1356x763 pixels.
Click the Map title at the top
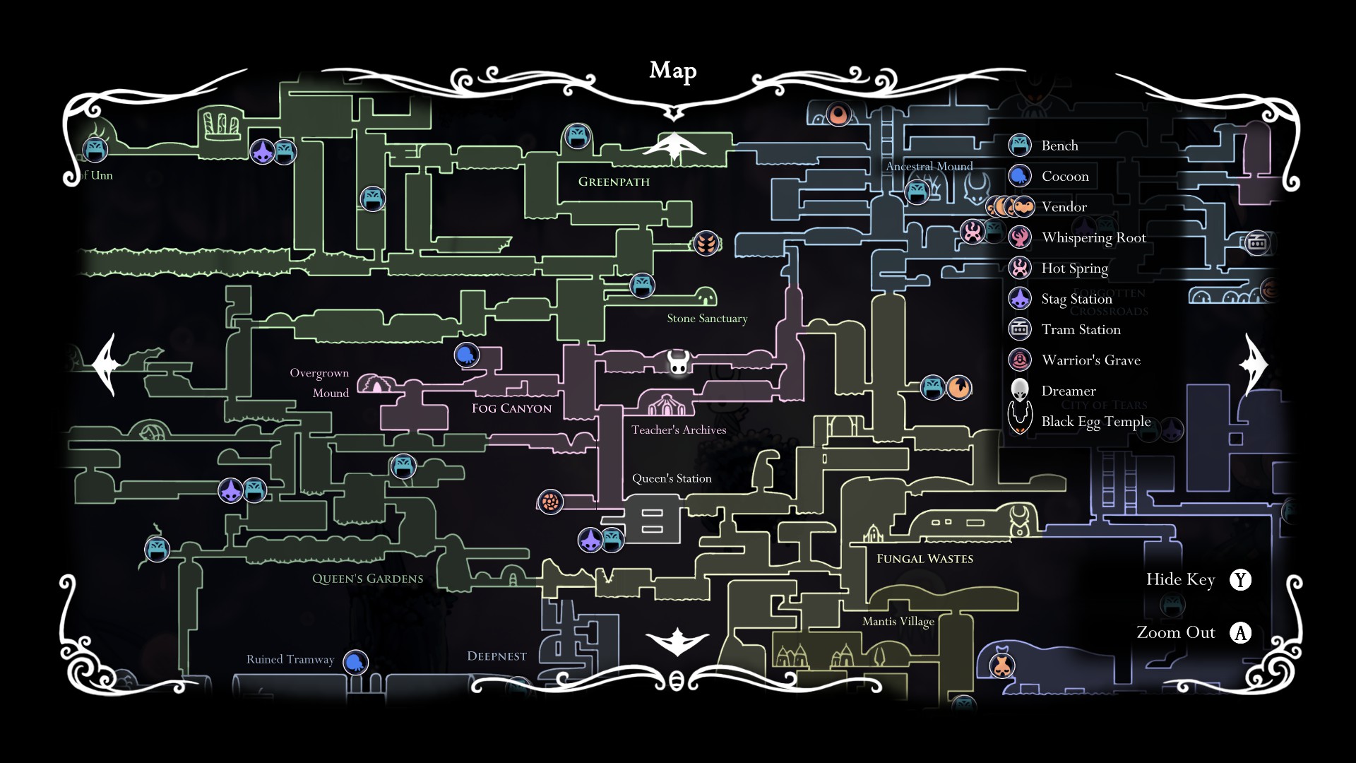672,71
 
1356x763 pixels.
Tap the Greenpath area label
614,182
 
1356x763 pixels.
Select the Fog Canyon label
511,408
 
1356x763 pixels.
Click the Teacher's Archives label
678,430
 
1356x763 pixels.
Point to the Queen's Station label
671,478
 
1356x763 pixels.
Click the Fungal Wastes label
924,559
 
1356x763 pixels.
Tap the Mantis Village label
898,621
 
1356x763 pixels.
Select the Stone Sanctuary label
707,319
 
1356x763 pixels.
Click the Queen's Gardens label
367,579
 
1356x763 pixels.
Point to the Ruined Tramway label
290,659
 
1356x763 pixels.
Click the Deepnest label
496,656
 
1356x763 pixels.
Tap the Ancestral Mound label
929,167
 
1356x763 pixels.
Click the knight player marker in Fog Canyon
678,362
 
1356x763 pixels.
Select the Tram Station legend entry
1081,329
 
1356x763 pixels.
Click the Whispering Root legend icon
1020,237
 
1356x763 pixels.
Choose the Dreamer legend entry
1068,391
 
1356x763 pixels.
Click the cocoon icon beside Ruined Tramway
355,662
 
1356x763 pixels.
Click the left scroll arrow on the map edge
106,365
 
